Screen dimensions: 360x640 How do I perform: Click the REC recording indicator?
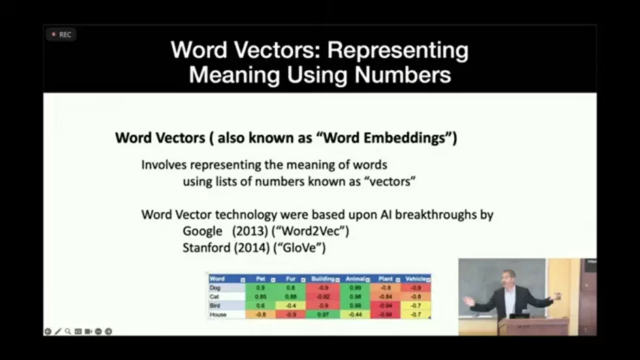click(x=61, y=35)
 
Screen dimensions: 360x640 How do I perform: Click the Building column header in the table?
click(x=323, y=279)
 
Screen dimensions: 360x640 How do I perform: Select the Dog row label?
click(x=216, y=287)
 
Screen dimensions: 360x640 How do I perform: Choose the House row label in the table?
click(x=217, y=314)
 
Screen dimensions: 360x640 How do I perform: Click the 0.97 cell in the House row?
click(x=323, y=314)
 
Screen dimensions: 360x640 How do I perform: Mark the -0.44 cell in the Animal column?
click(x=355, y=314)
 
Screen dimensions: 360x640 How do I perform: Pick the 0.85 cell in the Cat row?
click(x=260, y=297)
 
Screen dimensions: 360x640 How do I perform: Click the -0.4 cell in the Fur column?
click(x=291, y=305)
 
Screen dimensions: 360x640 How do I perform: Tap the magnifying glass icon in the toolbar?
click(x=68, y=331)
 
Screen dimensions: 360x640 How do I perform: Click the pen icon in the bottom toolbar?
click(x=57, y=331)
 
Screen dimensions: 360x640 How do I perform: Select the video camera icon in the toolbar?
click(x=88, y=331)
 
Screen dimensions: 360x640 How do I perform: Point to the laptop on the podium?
click(x=520, y=315)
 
